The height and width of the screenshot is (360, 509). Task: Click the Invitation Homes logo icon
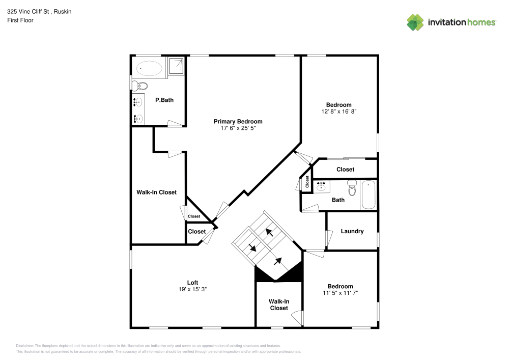coord(415,22)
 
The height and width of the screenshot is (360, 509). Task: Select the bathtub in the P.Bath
coord(149,68)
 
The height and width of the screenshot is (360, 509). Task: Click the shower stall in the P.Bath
coord(176,66)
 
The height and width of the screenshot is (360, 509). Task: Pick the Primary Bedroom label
coord(238,121)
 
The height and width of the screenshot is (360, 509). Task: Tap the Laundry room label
coord(352,231)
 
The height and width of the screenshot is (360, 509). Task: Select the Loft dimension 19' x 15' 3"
coord(192,289)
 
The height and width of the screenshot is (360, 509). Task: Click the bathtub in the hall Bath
coord(369,195)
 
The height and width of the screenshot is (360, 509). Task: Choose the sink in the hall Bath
coord(322,187)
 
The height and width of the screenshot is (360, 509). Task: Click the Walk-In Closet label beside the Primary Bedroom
coord(156,192)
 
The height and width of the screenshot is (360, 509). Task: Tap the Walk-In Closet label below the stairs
coord(278,304)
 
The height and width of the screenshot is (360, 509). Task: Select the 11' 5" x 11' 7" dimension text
coord(340,293)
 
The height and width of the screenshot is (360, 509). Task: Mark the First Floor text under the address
coord(20,20)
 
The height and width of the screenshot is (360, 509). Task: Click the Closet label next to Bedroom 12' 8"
coord(345,169)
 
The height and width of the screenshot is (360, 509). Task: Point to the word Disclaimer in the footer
coord(25,345)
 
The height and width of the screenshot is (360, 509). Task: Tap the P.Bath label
coord(164,100)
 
